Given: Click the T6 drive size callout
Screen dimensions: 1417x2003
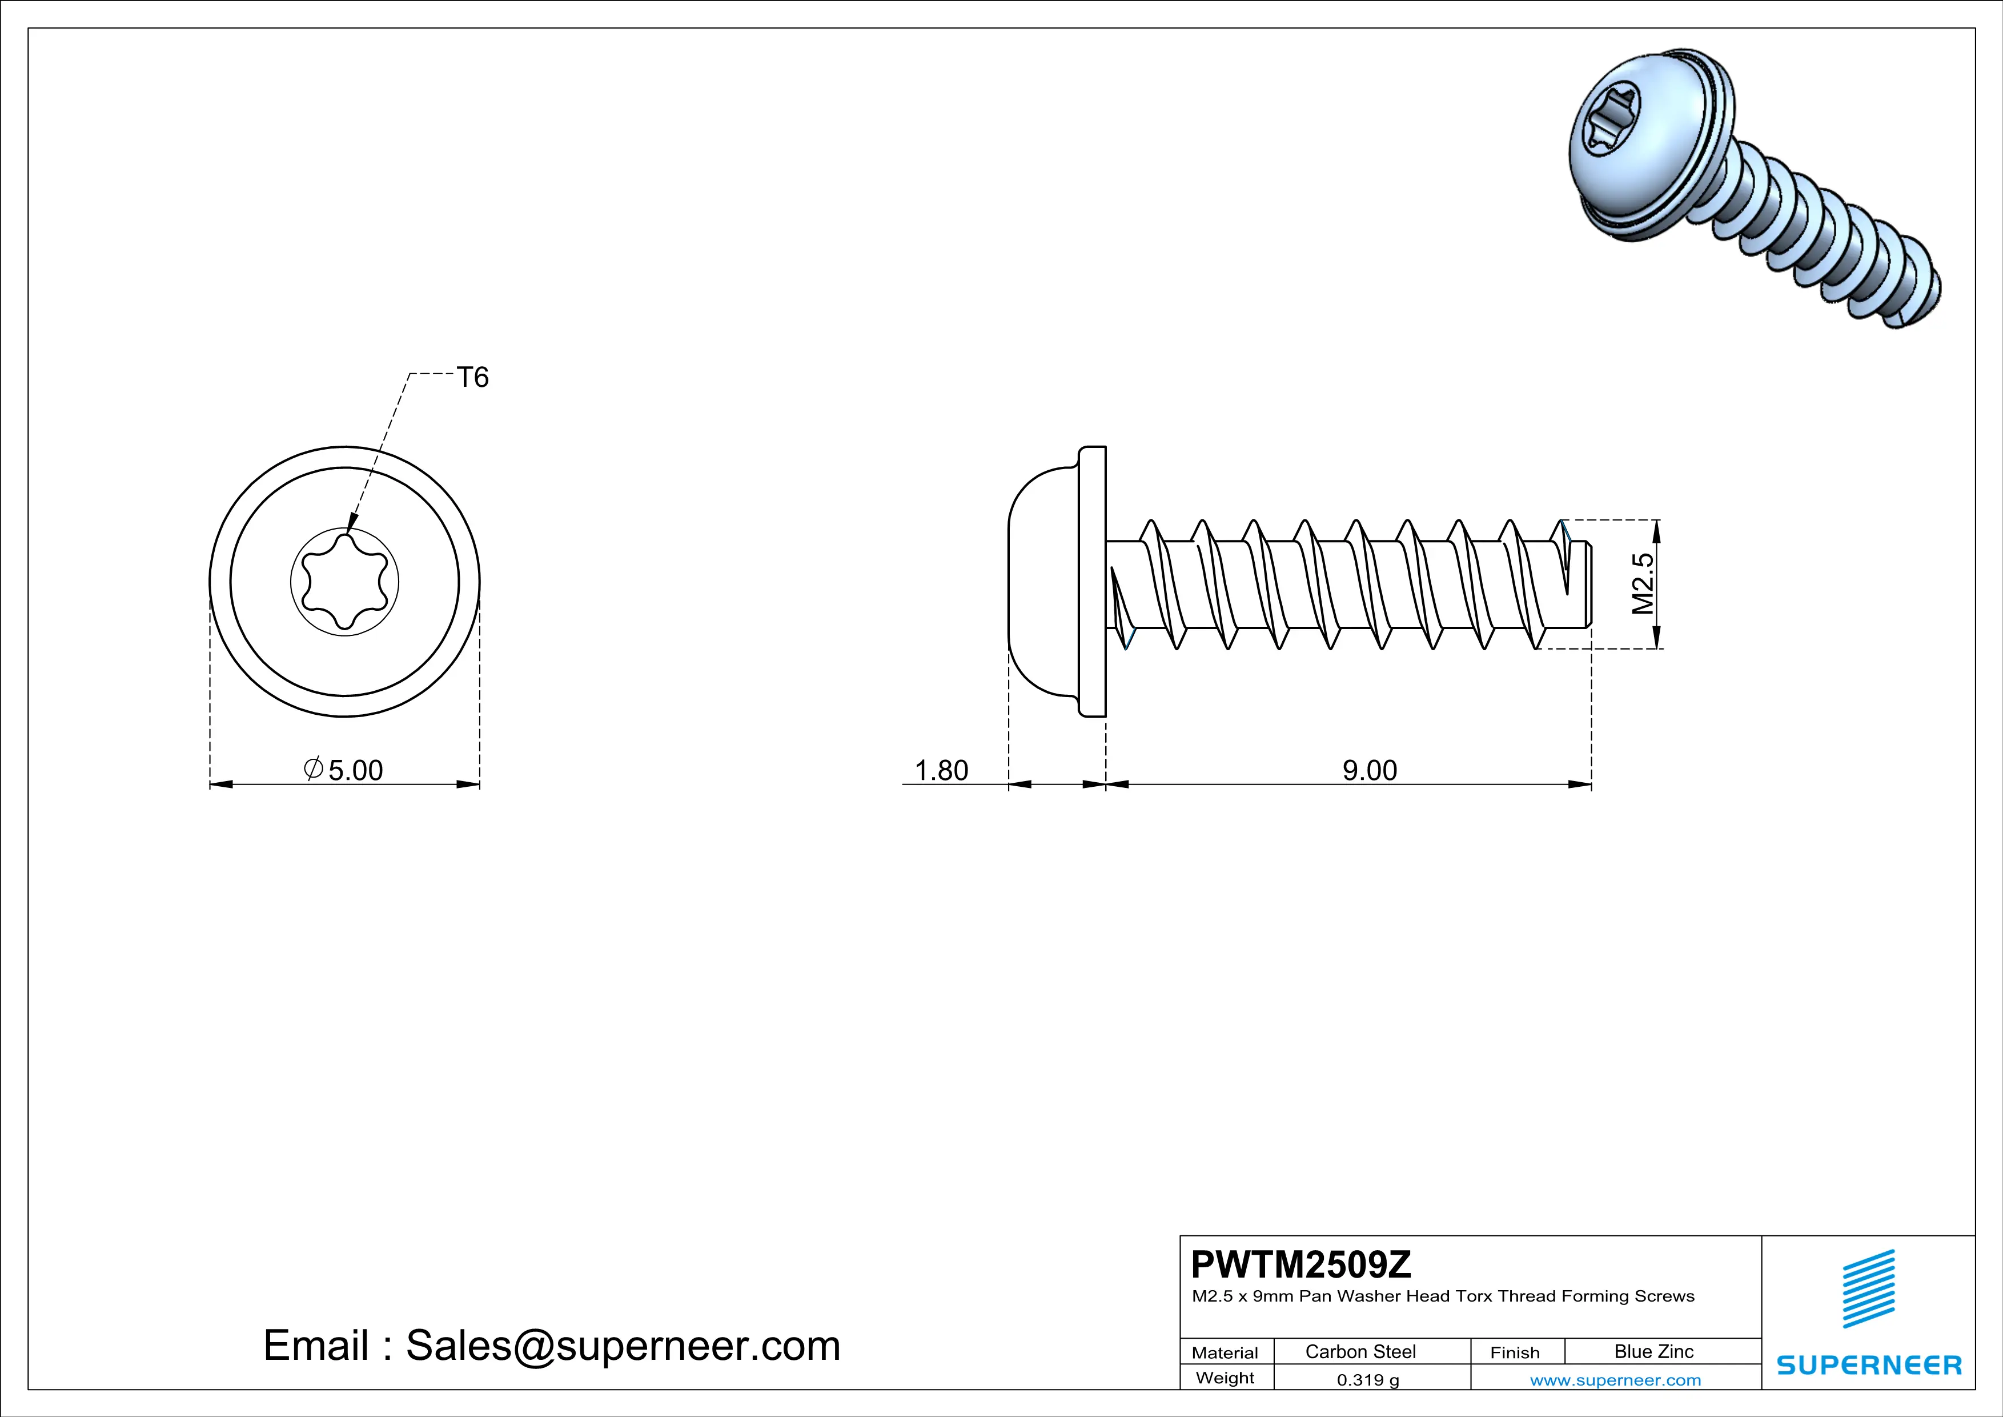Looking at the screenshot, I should pos(473,377).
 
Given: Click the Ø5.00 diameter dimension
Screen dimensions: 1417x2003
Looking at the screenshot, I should pos(344,770).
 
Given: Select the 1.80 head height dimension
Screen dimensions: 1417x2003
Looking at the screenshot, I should pos(941,770).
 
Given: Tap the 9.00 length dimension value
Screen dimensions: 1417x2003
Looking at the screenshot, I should pos(1369,770).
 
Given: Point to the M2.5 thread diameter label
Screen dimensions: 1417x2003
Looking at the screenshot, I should pos(1642,583).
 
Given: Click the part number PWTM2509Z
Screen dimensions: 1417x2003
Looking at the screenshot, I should pos(1300,1264).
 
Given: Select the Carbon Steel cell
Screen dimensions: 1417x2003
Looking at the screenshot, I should pos(1360,1351).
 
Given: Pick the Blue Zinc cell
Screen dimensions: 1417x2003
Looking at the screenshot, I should pos(1653,1351).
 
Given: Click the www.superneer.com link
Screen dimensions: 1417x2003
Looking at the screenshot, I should pos(1615,1379).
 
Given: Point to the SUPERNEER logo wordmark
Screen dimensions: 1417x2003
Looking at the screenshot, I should pos(1869,1364).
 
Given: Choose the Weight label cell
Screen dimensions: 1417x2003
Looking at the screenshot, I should pos(1225,1378).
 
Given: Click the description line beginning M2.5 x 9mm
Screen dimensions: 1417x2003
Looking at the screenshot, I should pos(1443,1296).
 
